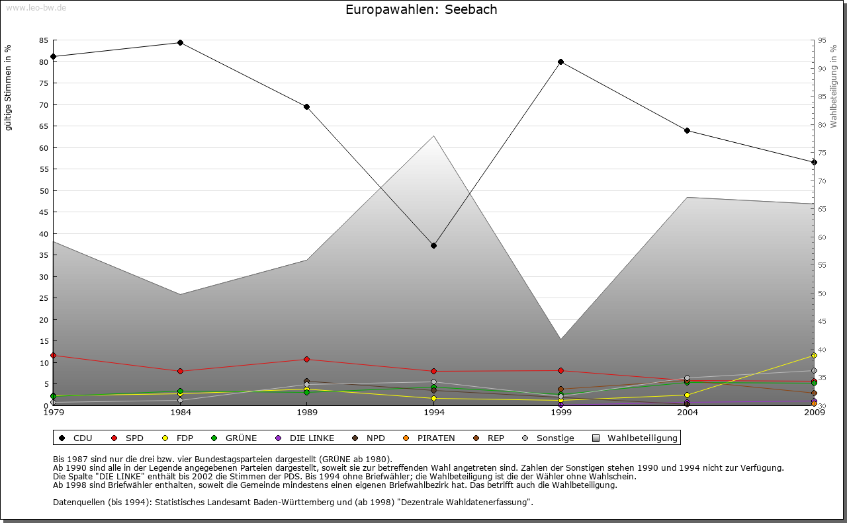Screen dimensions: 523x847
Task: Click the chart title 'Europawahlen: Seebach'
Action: click(x=421, y=10)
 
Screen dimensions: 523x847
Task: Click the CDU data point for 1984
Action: click(x=180, y=42)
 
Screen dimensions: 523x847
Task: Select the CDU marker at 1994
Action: click(x=433, y=245)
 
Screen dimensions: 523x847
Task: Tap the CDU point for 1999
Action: click(x=560, y=61)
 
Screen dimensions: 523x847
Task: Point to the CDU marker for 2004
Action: click(x=688, y=130)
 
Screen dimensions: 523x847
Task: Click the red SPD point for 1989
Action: click(x=306, y=359)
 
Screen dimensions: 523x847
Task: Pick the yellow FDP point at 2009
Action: click(x=814, y=355)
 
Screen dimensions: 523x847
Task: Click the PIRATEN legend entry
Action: click(x=429, y=438)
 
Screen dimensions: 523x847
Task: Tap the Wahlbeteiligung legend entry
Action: click(x=635, y=438)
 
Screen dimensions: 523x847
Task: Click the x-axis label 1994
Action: click(x=433, y=413)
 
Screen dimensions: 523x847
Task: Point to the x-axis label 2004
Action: click(x=688, y=413)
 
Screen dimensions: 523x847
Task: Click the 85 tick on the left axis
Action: click(x=44, y=40)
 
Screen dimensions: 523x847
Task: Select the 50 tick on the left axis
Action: click(x=44, y=191)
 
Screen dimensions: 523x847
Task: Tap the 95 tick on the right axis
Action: click(x=821, y=40)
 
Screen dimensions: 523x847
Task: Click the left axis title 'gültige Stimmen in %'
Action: click(x=9, y=87)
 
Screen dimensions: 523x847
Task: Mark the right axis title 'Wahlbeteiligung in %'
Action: click(x=834, y=86)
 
